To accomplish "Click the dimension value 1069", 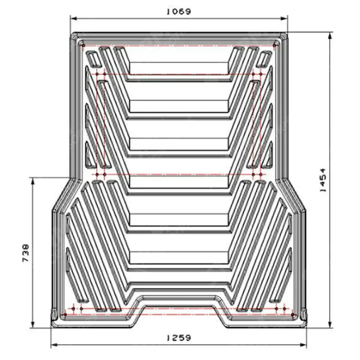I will tap(178, 11).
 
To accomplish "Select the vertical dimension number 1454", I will tap(323, 179).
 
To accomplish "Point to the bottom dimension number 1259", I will tap(178, 338).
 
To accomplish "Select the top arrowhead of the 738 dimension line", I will tap(33, 180).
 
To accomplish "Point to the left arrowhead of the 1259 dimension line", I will tap(53, 345).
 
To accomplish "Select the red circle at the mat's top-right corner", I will tap(275, 45).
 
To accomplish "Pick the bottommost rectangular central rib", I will tap(179, 257).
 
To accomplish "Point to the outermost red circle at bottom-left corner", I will tap(65, 315).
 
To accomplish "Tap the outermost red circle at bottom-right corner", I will tap(293, 315).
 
